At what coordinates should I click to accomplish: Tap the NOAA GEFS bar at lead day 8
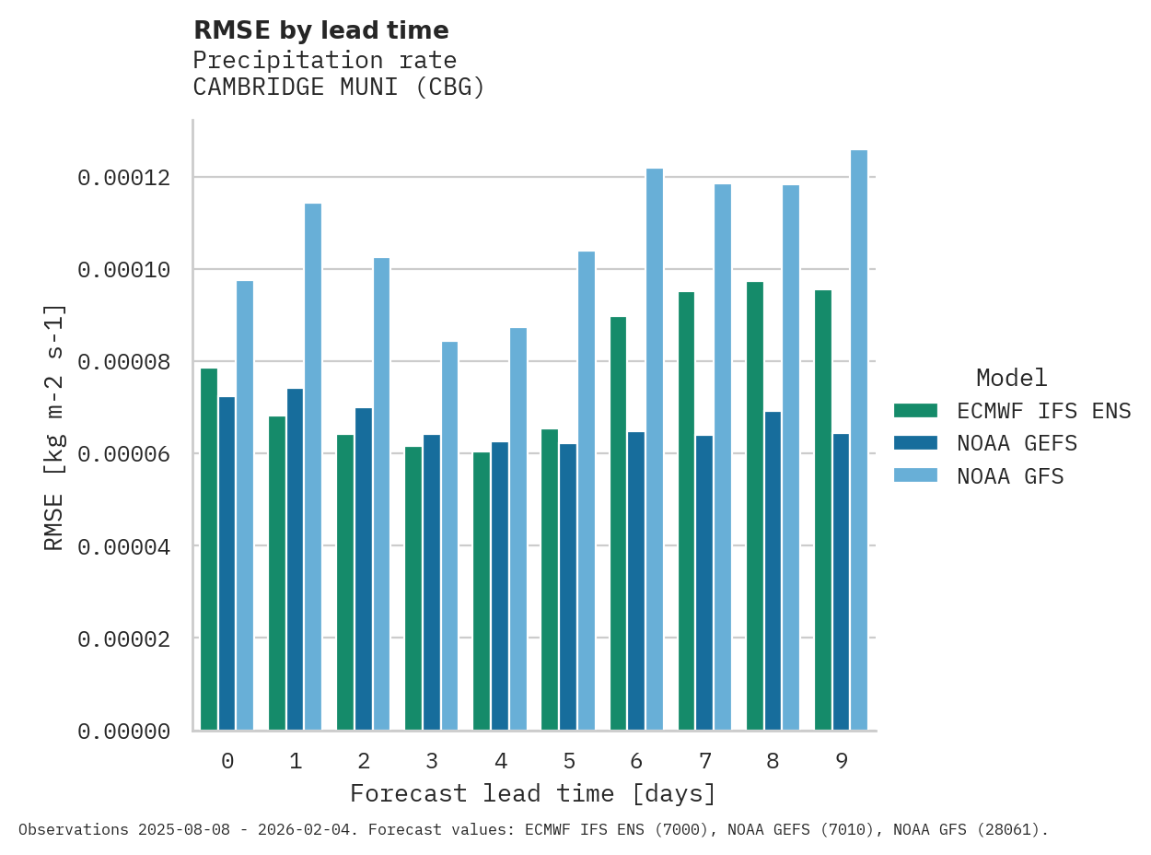coord(773,571)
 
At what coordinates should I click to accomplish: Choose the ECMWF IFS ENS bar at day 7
coord(686,511)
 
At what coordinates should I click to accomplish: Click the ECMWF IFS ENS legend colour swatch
coord(915,411)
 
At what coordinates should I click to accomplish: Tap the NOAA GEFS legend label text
coord(1017,444)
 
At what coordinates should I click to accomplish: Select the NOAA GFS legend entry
coord(1010,477)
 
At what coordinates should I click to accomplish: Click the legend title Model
coord(1011,379)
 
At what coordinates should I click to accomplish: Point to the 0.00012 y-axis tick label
coord(123,178)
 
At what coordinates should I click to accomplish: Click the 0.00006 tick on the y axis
coord(123,454)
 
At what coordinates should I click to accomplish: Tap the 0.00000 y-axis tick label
coord(123,732)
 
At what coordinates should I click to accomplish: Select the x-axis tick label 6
coord(636,761)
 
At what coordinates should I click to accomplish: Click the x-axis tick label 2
coord(364,761)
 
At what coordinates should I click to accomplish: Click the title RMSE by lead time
coord(320,31)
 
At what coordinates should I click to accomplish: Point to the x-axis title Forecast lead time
coord(532,794)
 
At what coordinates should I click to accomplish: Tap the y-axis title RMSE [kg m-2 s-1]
coord(54,427)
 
